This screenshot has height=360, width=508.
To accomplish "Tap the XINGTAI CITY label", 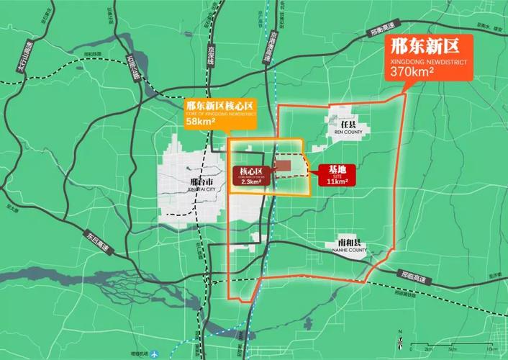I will pos(191,188).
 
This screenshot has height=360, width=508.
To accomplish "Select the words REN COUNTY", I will pos(348,132).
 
